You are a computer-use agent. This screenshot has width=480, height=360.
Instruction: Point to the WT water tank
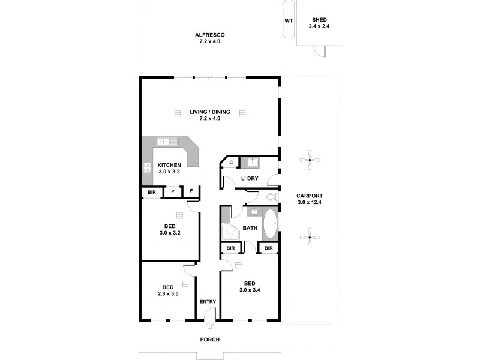pyautogui.click(x=289, y=20)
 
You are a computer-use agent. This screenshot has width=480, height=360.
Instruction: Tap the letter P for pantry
pyautogui.click(x=173, y=191)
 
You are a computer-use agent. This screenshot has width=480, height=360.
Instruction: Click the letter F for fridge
pyautogui.click(x=191, y=191)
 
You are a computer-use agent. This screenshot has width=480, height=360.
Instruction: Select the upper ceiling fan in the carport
pyautogui.click(x=309, y=160)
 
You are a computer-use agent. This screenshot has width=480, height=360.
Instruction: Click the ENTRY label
pyautogui.click(x=208, y=302)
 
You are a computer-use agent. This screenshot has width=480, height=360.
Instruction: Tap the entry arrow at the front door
pyautogui.click(x=209, y=325)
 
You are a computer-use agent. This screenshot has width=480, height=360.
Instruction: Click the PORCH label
pyautogui.click(x=209, y=340)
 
